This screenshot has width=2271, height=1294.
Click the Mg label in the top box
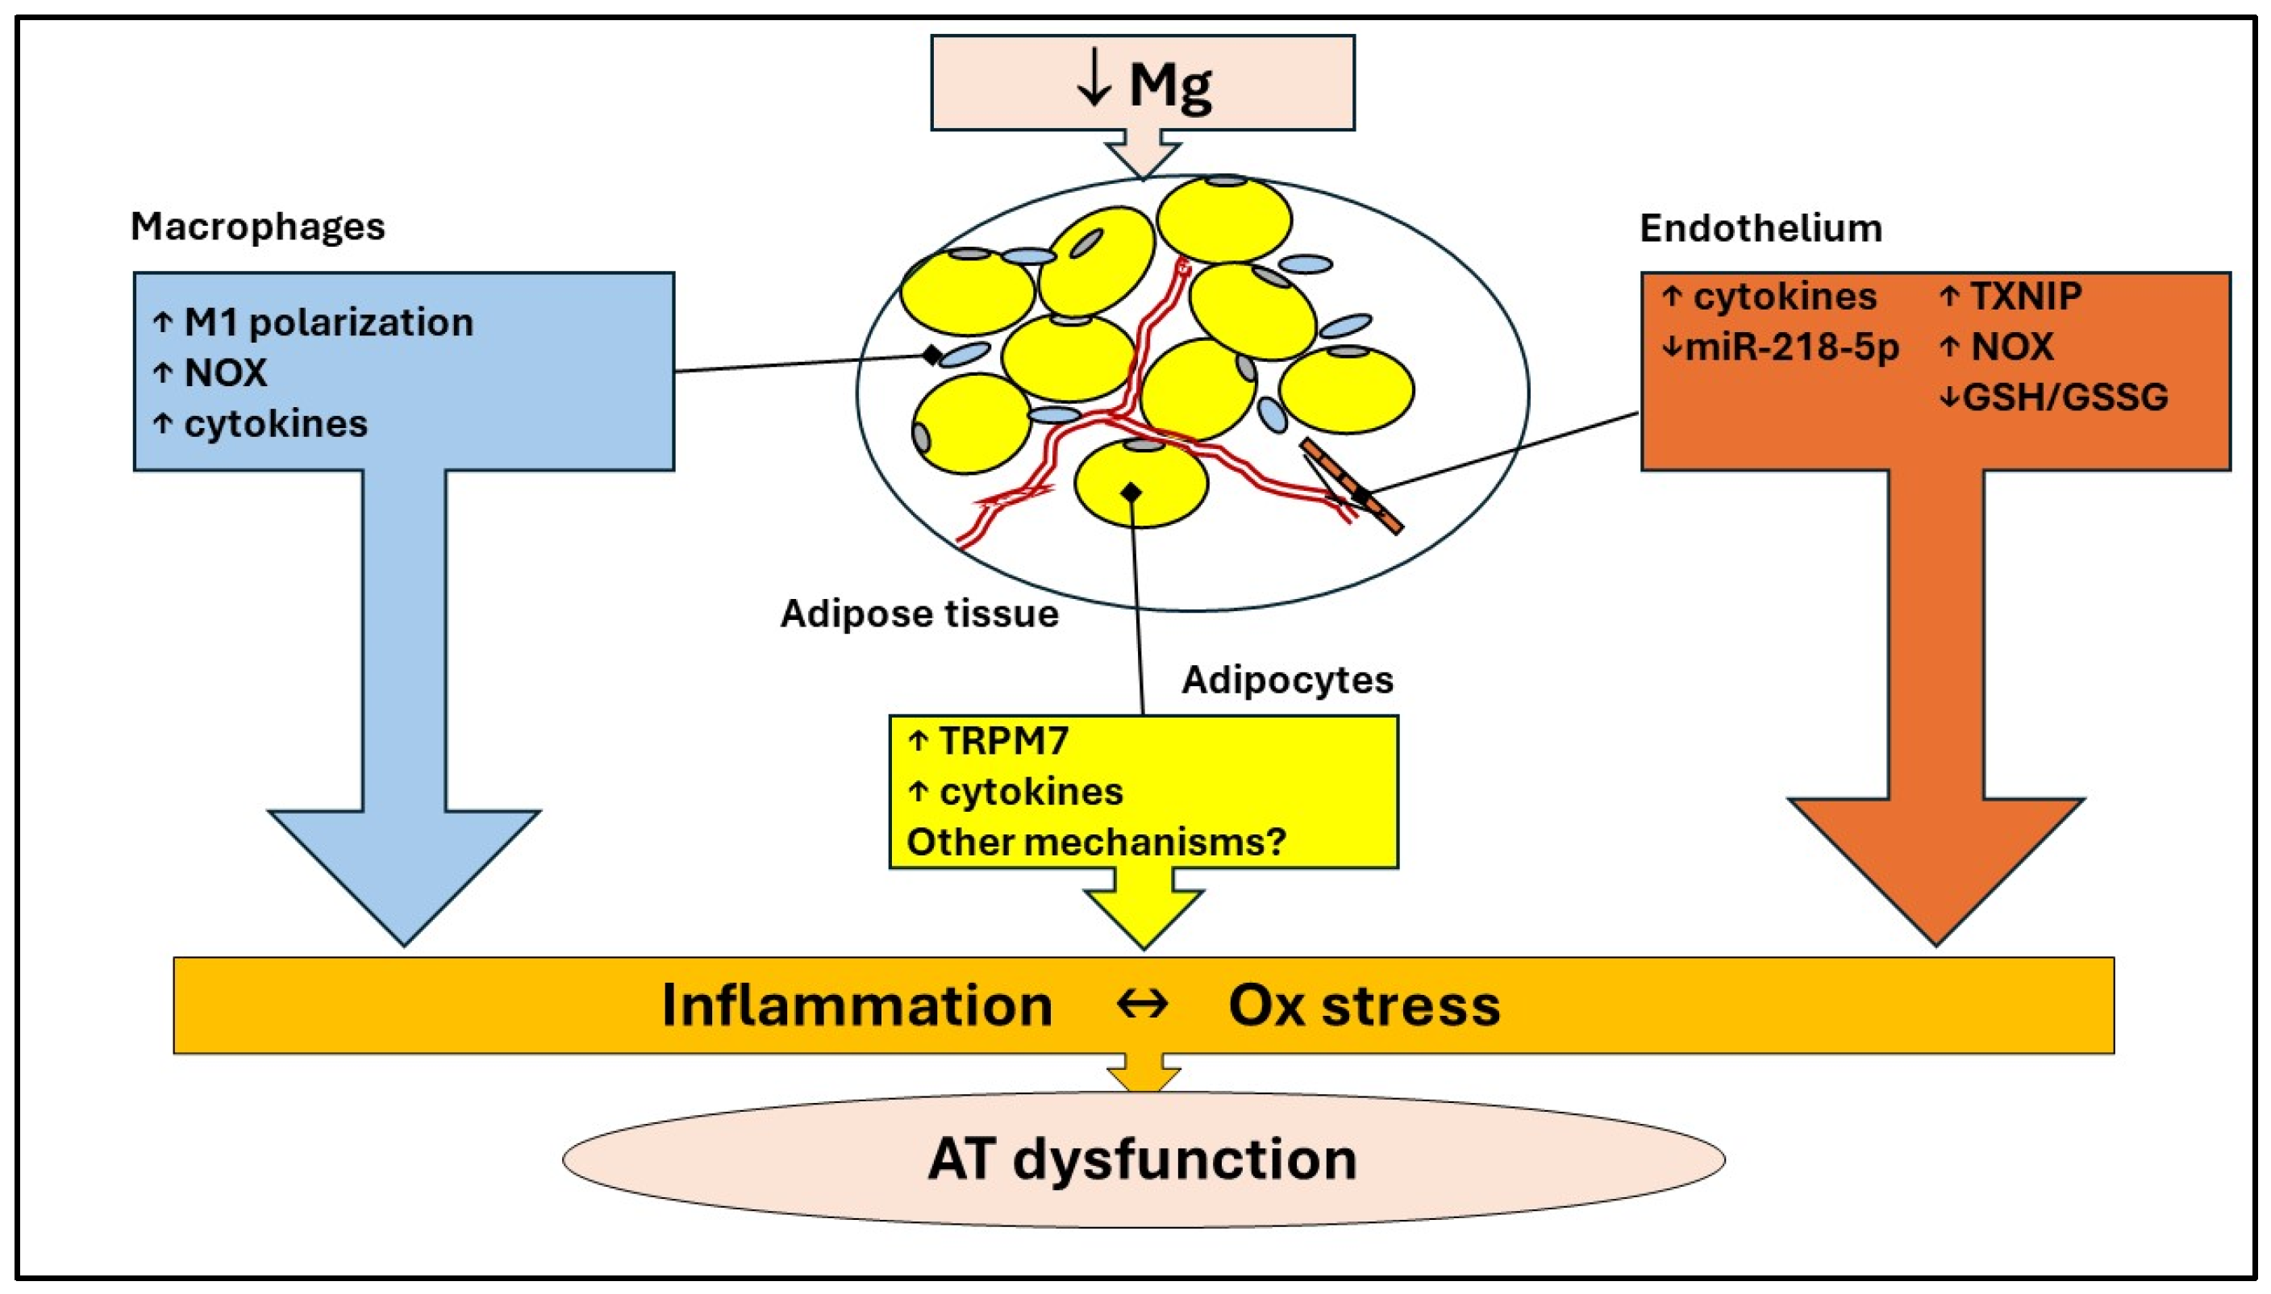click(x=1169, y=85)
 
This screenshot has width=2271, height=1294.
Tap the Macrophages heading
click(x=258, y=227)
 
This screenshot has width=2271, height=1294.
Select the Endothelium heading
click(x=1761, y=228)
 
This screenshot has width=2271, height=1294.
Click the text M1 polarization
click(x=328, y=322)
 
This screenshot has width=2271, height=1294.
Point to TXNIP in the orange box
click(x=2025, y=296)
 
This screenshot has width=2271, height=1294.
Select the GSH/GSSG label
click(x=2064, y=397)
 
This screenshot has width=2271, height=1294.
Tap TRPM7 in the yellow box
click(x=1002, y=740)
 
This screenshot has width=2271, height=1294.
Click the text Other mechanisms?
click(x=1096, y=842)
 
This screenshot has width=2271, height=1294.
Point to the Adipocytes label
click(x=1287, y=680)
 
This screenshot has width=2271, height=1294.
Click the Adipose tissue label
click(x=919, y=614)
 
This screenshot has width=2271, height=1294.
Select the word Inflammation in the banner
click(x=856, y=1005)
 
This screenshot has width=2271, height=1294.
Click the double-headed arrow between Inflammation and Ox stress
click(x=1142, y=1005)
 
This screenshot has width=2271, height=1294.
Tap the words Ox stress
click(x=1364, y=1005)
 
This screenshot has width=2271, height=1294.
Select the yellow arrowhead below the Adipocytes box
click(x=1144, y=915)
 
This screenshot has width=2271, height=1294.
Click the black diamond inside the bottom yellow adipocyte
click(x=1131, y=492)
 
